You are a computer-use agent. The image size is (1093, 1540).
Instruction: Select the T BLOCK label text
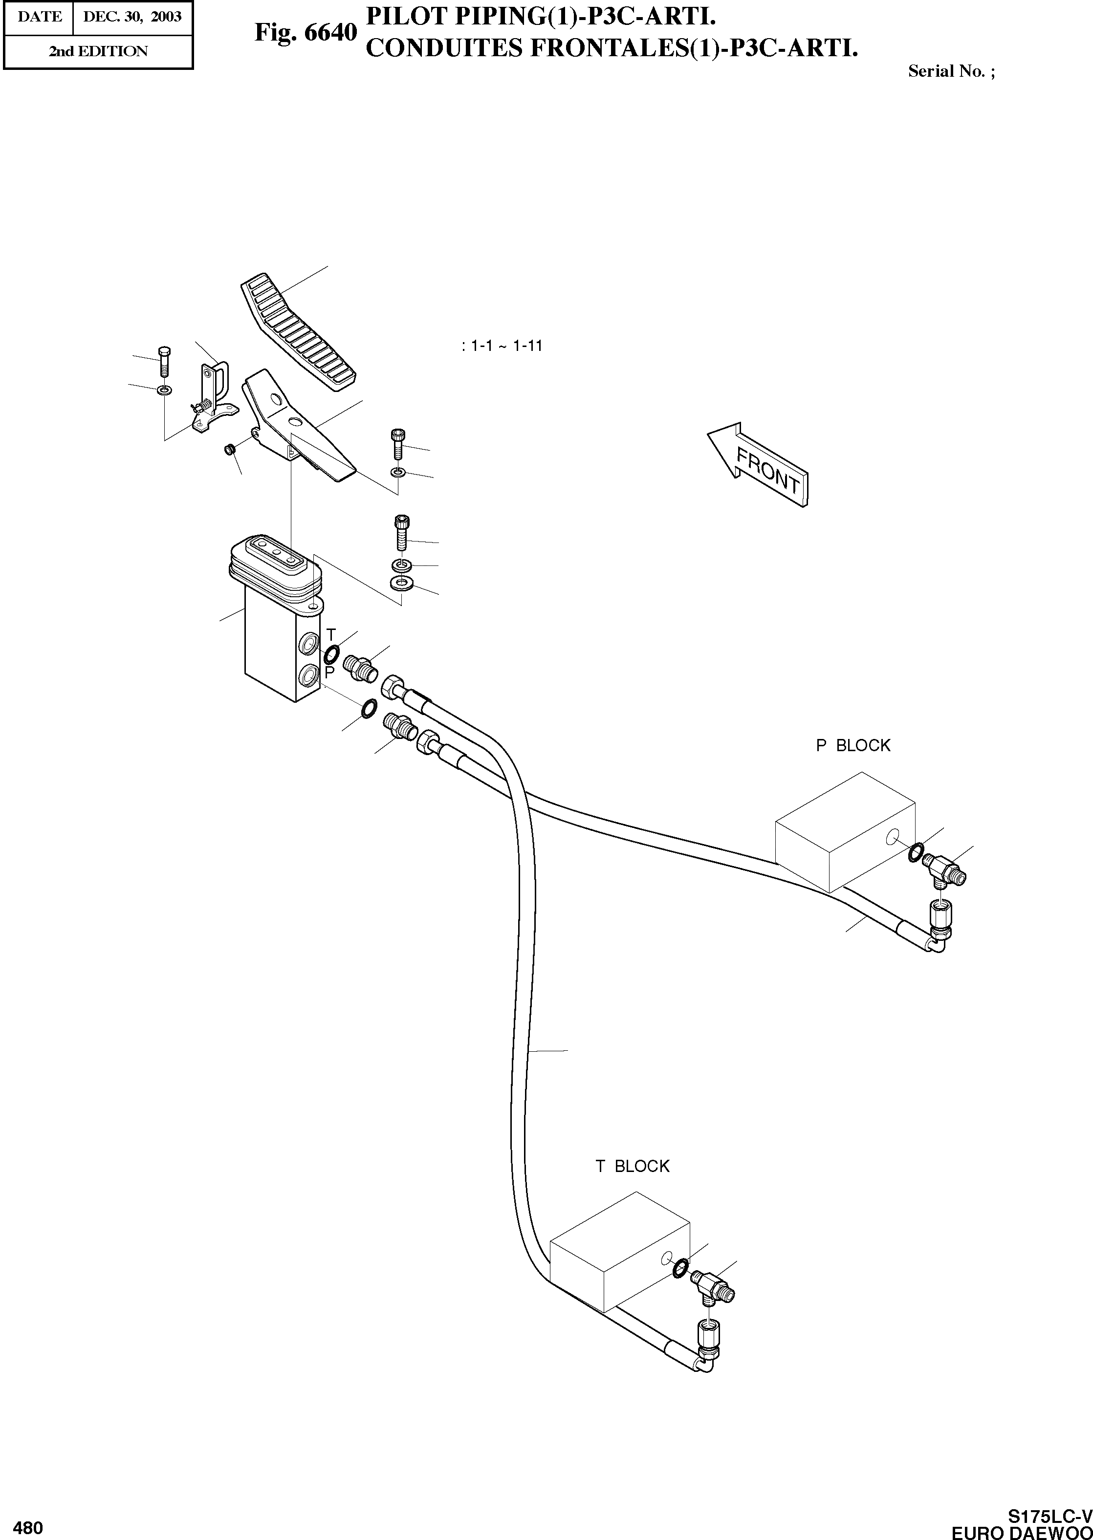click(x=632, y=1166)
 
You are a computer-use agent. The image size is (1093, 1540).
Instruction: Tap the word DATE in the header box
click(x=40, y=17)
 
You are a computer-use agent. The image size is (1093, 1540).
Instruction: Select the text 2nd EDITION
click(x=98, y=52)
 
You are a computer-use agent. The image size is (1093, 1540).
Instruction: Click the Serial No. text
click(x=951, y=71)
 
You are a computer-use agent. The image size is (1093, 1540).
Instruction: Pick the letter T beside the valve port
click(x=330, y=634)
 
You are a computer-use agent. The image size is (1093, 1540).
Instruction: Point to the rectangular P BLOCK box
click(x=845, y=831)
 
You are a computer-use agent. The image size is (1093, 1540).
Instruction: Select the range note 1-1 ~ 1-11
click(x=503, y=346)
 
